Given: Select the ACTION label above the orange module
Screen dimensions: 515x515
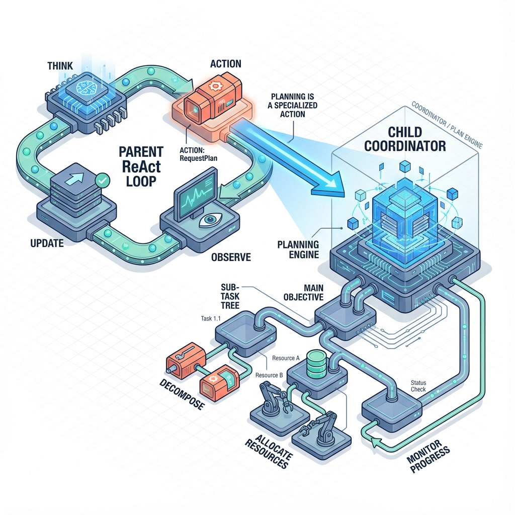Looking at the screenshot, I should click(x=225, y=64).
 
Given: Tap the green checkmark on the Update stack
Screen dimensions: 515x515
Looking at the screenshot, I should click(x=103, y=179).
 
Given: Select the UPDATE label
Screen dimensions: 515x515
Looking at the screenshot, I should click(x=46, y=243).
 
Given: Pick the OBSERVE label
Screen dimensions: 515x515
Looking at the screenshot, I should click(x=231, y=257).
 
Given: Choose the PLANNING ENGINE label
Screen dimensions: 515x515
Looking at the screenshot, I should click(x=298, y=249).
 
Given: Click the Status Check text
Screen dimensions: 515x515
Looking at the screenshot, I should click(x=418, y=386).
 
